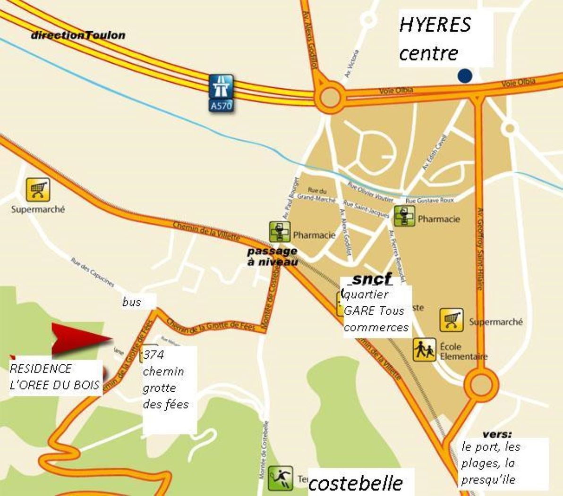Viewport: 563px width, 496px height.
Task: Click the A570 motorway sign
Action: click(221, 93)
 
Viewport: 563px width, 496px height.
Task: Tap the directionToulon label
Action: click(78, 35)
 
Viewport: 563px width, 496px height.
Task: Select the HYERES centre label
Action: click(435, 39)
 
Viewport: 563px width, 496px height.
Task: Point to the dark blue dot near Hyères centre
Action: click(465, 76)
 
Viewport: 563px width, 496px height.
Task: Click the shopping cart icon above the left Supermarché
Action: click(38, 189)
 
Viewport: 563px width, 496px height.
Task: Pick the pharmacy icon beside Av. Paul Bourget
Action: click(280, 232)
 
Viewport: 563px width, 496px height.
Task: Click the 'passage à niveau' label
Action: click(273, 256)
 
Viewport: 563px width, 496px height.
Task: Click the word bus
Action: click(131, 302)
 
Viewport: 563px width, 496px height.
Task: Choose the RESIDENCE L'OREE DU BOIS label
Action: click(54, 377)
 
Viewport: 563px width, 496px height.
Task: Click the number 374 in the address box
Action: click(154, 354)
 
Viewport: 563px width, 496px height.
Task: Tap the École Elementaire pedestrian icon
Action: click(424, 350)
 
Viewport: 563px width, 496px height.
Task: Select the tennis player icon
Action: click(281, 478)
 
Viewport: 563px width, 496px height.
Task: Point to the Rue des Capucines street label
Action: click(93, 272)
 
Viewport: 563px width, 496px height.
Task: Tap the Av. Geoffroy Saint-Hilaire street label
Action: click(480, 248)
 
